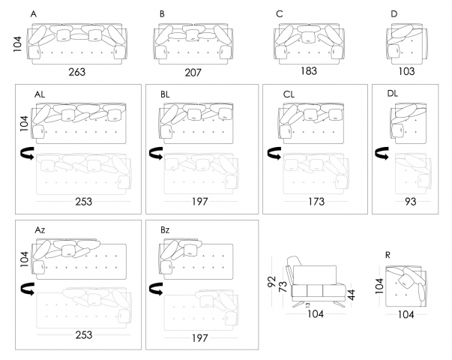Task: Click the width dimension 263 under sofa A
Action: [77, 72]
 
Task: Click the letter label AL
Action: [40, 94]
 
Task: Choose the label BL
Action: [166, 94]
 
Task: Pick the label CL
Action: [289, 94]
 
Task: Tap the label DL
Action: [393, 94]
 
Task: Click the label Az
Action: [40, 229]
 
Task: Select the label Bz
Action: [166, 229]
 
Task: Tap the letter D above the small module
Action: [394, 14]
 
